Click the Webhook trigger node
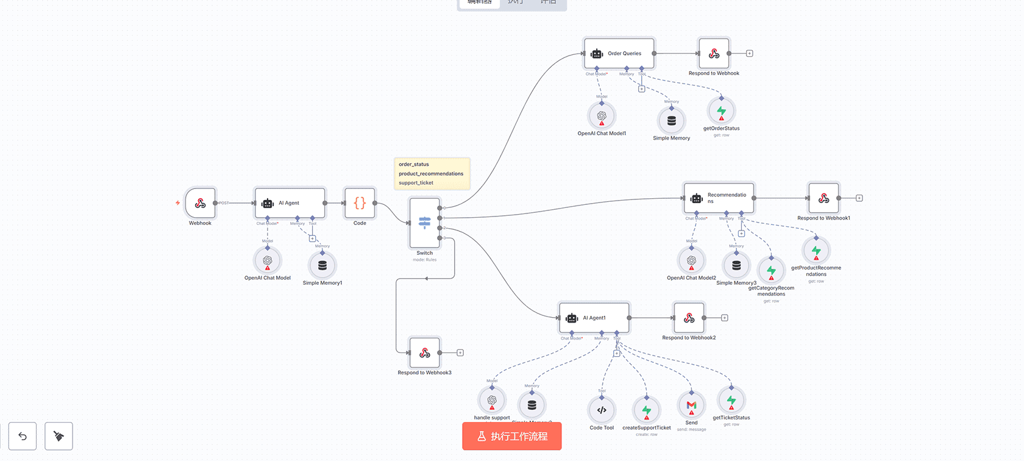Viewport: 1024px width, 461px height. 200,203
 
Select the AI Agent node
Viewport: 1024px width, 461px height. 290,203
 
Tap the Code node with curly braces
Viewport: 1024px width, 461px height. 360,203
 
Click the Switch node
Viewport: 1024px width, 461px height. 425,223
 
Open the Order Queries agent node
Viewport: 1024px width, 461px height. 619,54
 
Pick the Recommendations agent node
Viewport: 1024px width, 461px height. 719,198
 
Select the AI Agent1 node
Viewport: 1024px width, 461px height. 594,318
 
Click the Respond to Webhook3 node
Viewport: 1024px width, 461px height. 425,352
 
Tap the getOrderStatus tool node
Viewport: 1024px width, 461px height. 721,111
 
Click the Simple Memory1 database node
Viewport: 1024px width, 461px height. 322,265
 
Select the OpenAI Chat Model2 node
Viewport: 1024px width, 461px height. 691,260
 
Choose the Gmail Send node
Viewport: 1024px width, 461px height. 691,405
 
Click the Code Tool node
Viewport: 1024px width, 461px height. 602,410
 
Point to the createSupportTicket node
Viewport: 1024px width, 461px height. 647,410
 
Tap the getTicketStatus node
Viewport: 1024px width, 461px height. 731,401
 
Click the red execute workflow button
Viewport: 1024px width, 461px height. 512,436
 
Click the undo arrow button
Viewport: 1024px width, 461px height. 23,436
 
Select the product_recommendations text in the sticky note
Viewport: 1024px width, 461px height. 431,174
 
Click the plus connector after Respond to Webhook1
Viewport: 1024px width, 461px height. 859,198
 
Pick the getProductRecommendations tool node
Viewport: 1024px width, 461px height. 816,251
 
